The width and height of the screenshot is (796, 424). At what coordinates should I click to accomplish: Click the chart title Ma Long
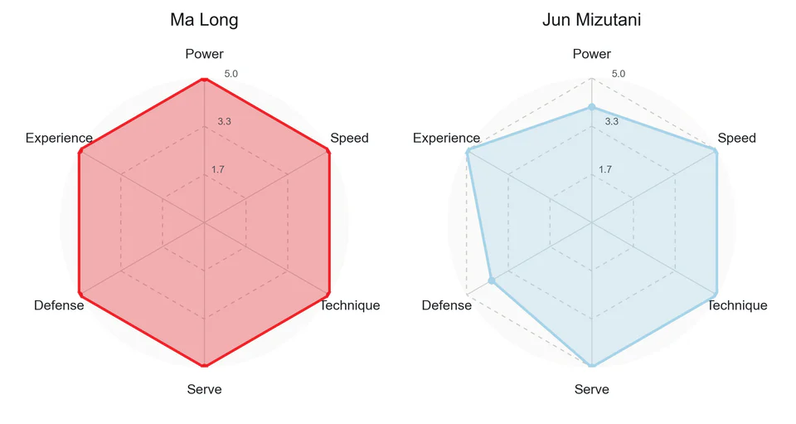point(204,20)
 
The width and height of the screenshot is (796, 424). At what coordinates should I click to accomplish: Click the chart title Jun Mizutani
point(591,20)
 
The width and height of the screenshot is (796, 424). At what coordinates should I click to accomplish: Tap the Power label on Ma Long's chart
point(204,54)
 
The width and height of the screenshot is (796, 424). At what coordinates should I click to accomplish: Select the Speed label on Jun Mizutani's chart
point(736,138)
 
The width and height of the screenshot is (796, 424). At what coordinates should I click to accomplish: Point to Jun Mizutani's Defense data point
point(492,280)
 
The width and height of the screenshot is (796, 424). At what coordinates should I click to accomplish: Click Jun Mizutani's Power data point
point(591,107)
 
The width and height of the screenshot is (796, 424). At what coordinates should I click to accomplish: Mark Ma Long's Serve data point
point(204,365)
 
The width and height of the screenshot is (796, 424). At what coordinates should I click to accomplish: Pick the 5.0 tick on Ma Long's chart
point(231,74)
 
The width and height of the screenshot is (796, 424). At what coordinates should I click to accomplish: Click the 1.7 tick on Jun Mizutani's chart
point(605,169)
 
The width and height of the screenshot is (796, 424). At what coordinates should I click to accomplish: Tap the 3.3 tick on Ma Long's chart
point(225,121)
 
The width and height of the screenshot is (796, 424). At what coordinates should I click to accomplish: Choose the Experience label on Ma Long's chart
point(59,138)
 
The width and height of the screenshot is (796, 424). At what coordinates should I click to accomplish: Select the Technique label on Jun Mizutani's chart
point(737,305)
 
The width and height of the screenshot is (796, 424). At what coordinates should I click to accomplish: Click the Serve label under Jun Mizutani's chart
point(591,389)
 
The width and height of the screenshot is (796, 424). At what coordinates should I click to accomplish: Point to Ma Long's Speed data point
point(328,151)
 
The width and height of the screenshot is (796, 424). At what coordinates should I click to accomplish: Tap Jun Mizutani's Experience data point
point(468,151)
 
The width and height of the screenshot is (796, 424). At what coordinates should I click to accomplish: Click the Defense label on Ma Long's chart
point(59,305)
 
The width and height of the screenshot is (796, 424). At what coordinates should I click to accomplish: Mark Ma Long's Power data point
point(204,79)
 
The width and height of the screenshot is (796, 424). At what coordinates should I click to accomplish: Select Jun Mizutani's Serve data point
point(591,365)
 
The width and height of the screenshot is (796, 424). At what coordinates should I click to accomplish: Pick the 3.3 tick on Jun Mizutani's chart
point(612,121)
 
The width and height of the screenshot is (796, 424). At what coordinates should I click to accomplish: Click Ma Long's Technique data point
point(328,294)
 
